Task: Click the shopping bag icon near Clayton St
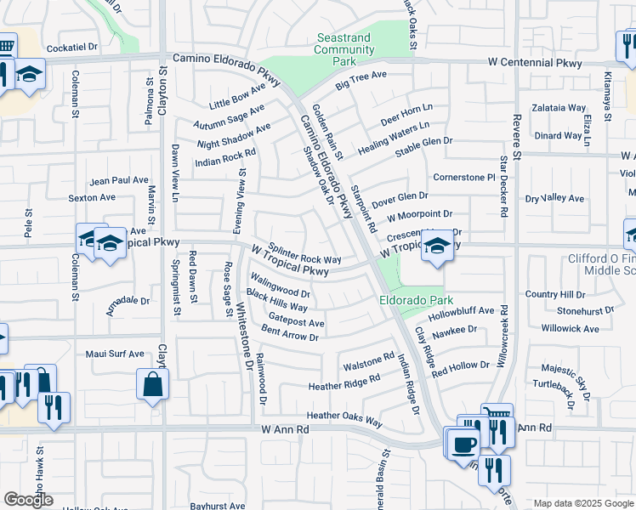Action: [x=152, y=384]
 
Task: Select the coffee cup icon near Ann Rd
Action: [x=463, y=444]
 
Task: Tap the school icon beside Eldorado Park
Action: [x=437, y=248]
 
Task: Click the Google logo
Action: [x=29, y=500]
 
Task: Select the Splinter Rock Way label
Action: [x=304, y=253]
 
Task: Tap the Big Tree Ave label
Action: [x=361, y=81]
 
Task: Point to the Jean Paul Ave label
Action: [x=119, y=180]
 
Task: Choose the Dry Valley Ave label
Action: [x=554, y=198]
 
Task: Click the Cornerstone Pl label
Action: [x=463, y=177]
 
